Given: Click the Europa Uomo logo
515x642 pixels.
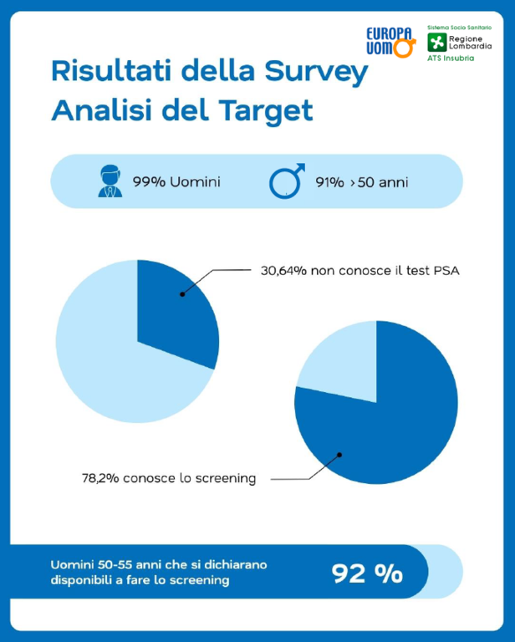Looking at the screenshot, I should coord(390,40).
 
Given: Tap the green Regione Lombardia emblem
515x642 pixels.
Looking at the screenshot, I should coord(436,42).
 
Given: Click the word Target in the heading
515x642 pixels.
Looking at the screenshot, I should coord(266,110).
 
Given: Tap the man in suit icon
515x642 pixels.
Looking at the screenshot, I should coord(110,181).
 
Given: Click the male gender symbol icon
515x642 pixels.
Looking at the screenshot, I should coord(287,181).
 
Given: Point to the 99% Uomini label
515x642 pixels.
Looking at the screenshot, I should coord(176,181).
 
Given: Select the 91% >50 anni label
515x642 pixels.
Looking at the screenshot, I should coord(362,181).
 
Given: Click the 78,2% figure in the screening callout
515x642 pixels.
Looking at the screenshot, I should coord(99,479).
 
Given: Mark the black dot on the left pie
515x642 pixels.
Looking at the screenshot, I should coord(181,294).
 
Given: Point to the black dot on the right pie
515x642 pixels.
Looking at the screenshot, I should coord(339,456).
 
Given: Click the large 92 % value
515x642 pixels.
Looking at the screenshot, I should coord(367,573).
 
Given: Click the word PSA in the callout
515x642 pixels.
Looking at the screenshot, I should coord(444,271).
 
